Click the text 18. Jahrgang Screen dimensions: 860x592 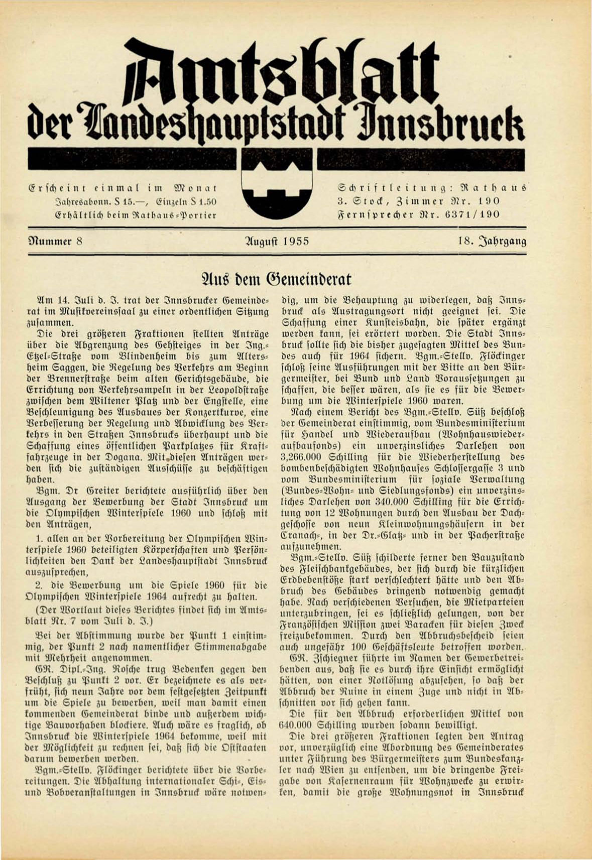tap(492, 241)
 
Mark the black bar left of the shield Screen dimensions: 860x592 tap(133, 160)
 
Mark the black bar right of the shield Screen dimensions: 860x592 tap(421, 160)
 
